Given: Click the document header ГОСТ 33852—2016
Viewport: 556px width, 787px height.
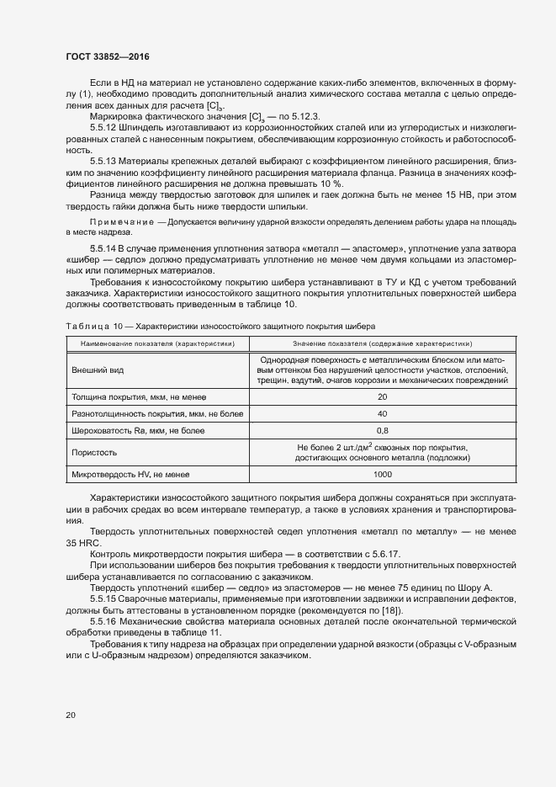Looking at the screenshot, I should [x=108, y=57].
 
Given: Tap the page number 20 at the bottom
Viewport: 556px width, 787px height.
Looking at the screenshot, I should [x=70, y=715].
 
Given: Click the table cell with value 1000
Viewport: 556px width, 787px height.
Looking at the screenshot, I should [x=383, y=475].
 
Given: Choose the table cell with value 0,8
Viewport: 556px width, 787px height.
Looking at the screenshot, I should [x=383, y=430].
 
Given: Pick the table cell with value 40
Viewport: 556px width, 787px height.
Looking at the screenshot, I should [x=383, y=413].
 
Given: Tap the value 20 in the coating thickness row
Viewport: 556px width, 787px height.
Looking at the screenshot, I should [x=383, y=396].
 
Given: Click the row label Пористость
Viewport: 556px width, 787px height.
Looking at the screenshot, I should [x=94, y=452].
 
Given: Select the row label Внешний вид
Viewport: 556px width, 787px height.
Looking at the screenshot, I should [x=96, y=370].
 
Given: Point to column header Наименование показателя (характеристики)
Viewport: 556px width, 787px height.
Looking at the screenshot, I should [x=152, y=343].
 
